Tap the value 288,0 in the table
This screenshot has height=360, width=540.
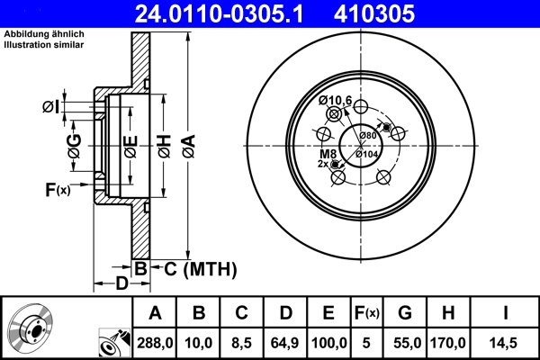pos(155,343)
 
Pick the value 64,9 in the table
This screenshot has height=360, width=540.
pos(285,343)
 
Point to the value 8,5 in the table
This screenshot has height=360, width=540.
pos(241,343)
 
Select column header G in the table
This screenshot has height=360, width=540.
pos(404,313)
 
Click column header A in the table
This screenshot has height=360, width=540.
pos(155,313)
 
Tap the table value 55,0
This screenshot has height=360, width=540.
pos(404,343)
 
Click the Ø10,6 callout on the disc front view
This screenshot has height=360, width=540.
pos(335,99)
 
